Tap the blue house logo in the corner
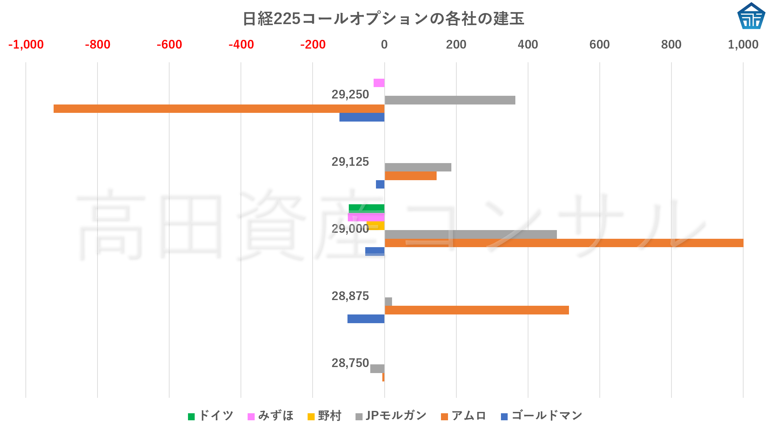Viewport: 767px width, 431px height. pyautogui.click(x=751, y=16)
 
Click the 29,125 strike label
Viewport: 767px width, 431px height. pyautogui.click(x=350, y=162)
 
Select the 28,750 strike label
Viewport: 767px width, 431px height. pyautogui.click(x=350, y=363)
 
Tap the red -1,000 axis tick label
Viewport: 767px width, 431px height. pyautogui.click(x=26, y=45)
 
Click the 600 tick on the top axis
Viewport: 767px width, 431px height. pyautogui.click(x=599, y=45)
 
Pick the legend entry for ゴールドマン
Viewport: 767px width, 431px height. pyautogui.click(x=541, y=416)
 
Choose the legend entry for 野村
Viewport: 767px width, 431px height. pyautogui.click(x=324, y=416)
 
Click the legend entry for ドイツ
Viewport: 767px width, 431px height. pyautogui.click(x=210, y=416)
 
